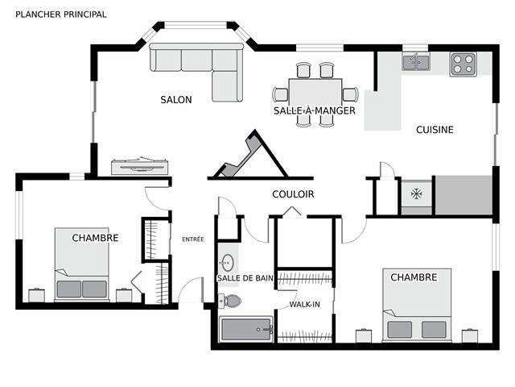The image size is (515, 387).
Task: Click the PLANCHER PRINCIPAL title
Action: [61, 15]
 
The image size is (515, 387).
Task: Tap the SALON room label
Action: [176, 100]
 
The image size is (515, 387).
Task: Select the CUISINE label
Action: [435, 130]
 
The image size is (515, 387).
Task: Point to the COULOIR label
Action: [293, 194]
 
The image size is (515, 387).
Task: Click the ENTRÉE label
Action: [193, 239]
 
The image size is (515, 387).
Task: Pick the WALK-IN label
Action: [304, 305]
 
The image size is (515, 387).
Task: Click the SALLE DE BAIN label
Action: [245, 278]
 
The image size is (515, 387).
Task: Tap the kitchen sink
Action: [416, 62]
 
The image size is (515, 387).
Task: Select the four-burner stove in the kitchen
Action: [463, 64]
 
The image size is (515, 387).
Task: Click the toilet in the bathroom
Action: [230, 301]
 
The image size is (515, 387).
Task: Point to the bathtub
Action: [246, 330]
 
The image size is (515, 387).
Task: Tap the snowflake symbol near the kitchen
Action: [417, 193]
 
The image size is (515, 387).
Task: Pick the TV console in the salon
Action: [139, 166]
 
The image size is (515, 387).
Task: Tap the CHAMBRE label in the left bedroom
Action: [95, 238]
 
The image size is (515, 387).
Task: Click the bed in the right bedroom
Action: [417, 305]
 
